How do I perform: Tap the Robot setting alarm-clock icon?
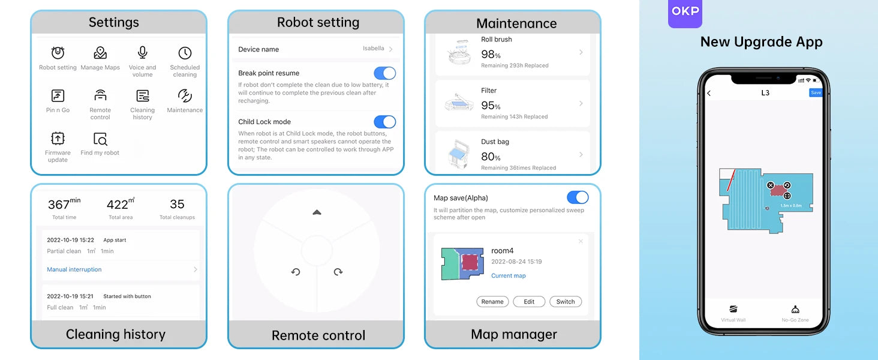pyautogui.click(x=58, y=53)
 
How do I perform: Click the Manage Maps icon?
pyautogui.click(x=100, y=53)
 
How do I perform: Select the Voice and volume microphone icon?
pyautogui.click(x=142, y=53)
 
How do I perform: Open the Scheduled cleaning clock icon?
pyautogui.click(x=185, y=53)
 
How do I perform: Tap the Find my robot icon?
pyautogui.click(x=100, y=139)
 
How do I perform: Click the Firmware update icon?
pyautogui.click(x=58, y=139)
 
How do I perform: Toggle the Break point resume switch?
pyautogui.click(x=384, y=73)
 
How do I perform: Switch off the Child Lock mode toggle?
pyautogui.click(x=384, y=122)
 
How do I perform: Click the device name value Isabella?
pyautogui.click(x=373, y=48)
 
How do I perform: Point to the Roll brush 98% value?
pyautogui.click(x=491, y=54)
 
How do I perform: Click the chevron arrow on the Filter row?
pyautogui.click(x=581, y=103)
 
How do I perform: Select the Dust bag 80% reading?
pyautogui.click(x=491, y=157)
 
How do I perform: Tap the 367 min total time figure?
pyautogui.click(x=64, y=204)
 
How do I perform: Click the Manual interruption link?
pyautogui.click(x=74, y=269)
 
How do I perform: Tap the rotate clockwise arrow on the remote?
pyautogui.click(x=338, y=272)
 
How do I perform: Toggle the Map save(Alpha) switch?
pyautogui.click(x=578, y=197)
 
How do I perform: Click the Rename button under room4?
pyautogui.click(x=492, y=302)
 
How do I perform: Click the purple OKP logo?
pyautogui.click(x=685, y=13)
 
